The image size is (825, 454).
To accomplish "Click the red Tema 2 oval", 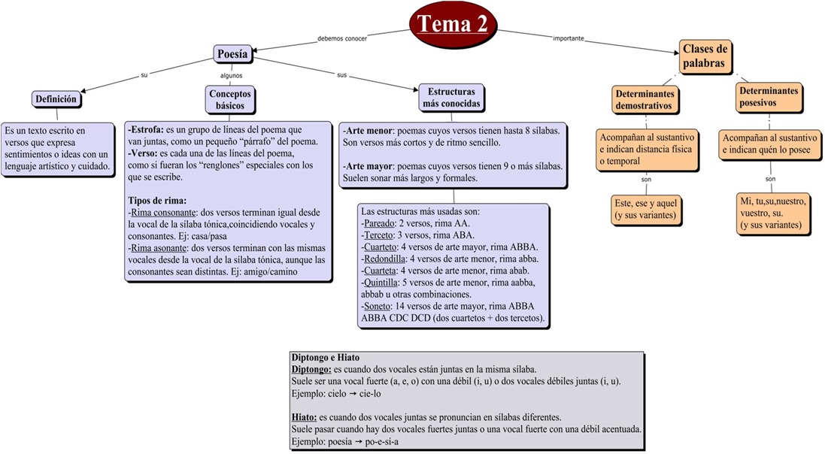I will tap(453, 24).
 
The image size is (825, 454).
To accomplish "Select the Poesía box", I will tap(232, 54).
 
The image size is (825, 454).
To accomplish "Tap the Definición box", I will tap(56, 98).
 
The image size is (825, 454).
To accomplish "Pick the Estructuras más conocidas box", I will tap(450, 98).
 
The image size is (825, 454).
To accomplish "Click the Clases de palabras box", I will tap(705, 57).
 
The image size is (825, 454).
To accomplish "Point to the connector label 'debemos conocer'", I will tap(342, 38).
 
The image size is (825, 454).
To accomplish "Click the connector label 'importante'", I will tap(569, 38).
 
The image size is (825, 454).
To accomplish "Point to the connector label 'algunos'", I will tap(231, 75).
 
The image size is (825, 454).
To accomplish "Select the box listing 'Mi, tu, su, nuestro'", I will tap(772, 213).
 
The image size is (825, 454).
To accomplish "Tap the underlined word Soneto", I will tap(377, 307).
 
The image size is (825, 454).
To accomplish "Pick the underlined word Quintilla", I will tap(381, 283).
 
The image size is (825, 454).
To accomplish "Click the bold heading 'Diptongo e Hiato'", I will tap(327, 358).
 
